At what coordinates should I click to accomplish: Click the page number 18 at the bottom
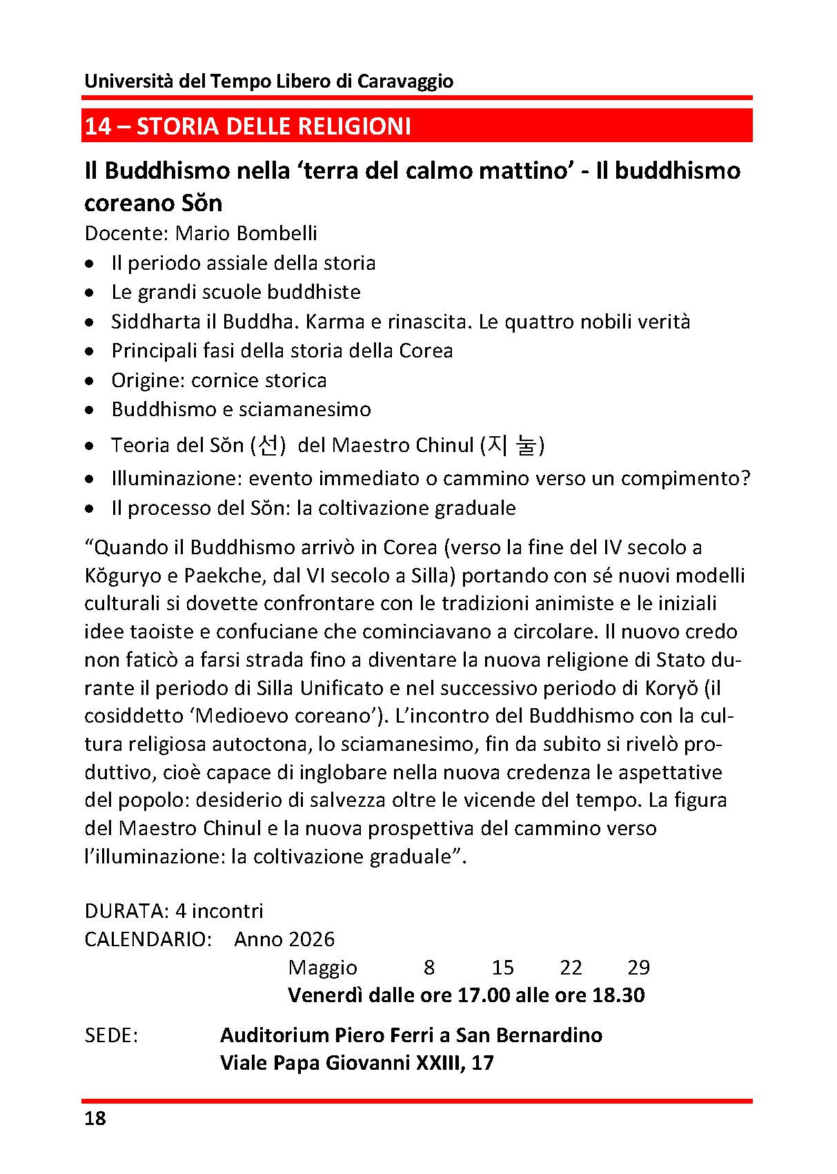[95, 1119]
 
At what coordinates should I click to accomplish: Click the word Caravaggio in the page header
[405, 81]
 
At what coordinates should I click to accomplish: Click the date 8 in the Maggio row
[429, 968]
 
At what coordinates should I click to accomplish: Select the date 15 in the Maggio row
[503, 968]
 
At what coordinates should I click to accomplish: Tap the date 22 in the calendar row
[571, 968]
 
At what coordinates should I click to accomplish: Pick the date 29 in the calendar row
[638, 968]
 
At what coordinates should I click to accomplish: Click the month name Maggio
[323, 968]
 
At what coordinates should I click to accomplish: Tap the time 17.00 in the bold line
[484, 995]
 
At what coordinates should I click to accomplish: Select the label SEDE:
[111, 1035]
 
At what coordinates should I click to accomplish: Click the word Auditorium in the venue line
[274, 1035]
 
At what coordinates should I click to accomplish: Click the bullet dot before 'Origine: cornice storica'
[90, 381]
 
